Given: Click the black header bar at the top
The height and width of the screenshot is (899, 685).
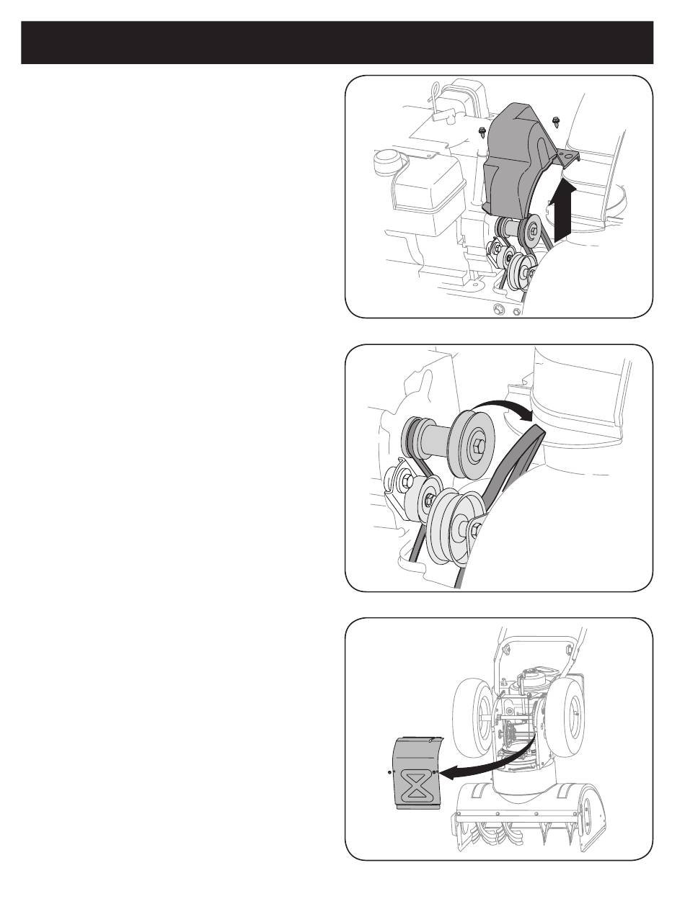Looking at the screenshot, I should pyautogui.click(x=337, y=43).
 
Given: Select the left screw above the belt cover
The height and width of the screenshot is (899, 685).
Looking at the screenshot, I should pyautogui.click(x=482, y=131).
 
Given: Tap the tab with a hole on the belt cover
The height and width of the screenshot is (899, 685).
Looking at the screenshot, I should pyautogui.click(x=569, y=156).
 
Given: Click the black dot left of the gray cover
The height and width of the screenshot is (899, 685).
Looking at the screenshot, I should pyautogui.click(x=389, y=771).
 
